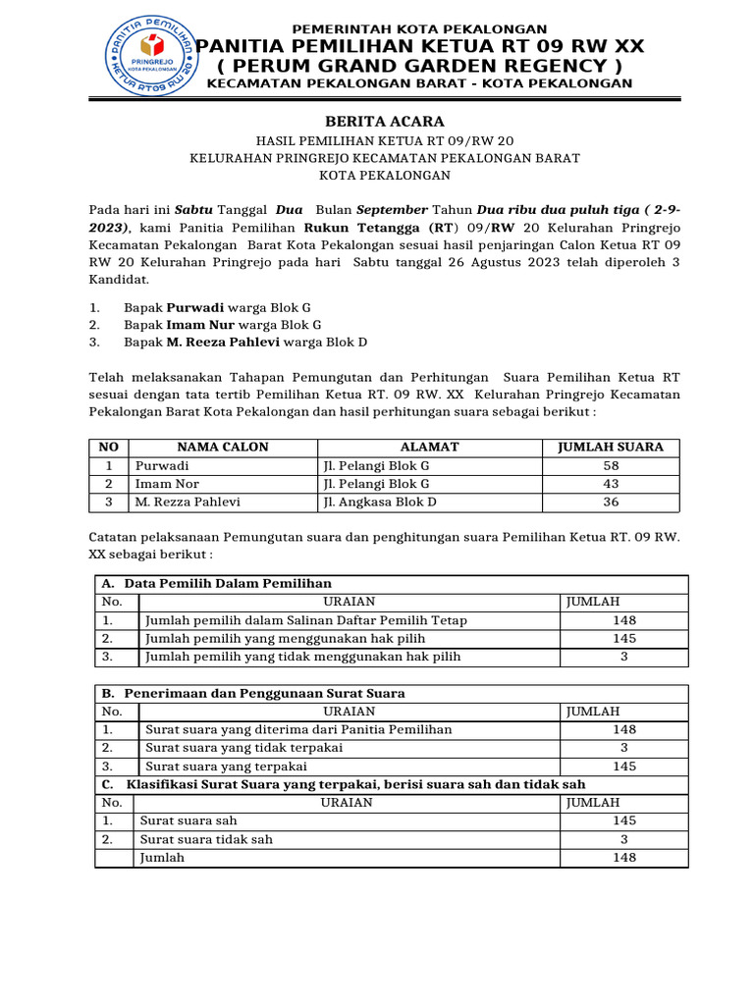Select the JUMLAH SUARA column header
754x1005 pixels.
tap(610, 447)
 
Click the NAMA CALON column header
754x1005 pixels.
tap(222, 447)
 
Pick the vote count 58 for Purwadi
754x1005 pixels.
tap(611, 465)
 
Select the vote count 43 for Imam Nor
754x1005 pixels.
tap(611, 484)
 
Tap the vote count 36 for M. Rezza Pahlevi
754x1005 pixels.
tap(611, 502)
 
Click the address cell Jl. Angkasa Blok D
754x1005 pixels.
tap(380, 502)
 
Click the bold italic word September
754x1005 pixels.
tap(391, 210)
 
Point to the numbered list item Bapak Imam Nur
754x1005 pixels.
tap(222, 324)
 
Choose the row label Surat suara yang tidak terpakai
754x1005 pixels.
tap(243, 748)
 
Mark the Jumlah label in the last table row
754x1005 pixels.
tap(163, 858)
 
